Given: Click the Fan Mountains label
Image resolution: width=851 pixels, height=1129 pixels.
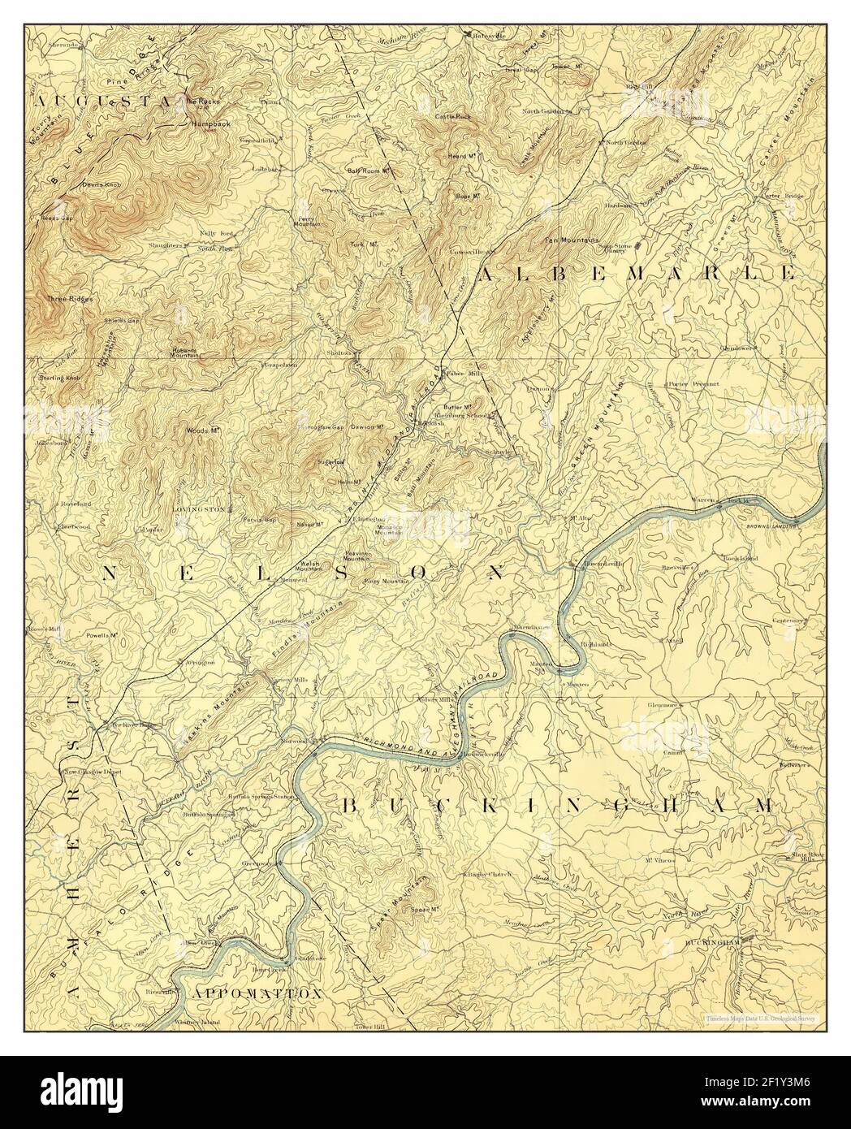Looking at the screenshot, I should coord(570,240).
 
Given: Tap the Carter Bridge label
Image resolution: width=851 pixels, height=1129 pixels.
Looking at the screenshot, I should coord(780,196).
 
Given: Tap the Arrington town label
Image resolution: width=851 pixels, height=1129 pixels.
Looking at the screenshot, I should coord(200,662).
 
